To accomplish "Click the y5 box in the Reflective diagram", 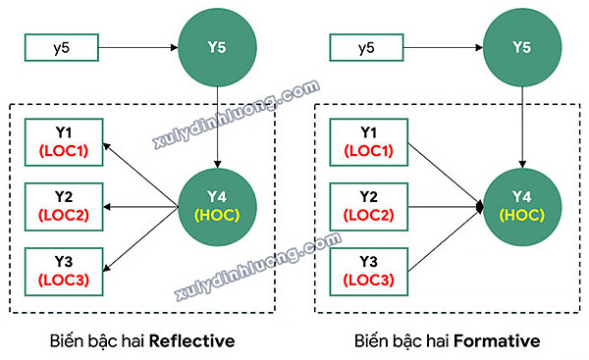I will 63,46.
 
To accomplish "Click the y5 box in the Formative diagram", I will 365,46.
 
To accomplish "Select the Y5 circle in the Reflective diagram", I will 217,46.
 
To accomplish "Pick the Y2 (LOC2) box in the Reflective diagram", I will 63,206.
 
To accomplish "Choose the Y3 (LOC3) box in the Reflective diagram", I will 63,271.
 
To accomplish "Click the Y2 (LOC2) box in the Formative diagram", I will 365,206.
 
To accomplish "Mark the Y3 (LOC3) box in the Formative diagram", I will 365,271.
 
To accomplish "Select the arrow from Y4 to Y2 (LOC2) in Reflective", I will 142,207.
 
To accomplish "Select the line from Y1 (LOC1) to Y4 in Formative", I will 442,174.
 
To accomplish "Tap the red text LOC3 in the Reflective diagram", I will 63,280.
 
